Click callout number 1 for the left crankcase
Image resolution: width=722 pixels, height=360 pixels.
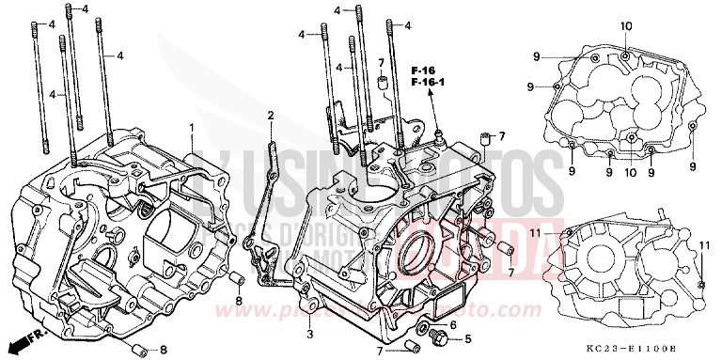click(x=191, y=126)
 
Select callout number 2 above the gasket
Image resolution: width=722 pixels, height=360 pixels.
click(x=270, y=116)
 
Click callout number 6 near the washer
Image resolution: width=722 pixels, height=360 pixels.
click(x=453, y=324)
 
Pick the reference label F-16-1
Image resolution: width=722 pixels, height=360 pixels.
click(x=428, y=83)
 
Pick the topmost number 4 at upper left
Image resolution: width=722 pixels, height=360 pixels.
click(x=84, y=8)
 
